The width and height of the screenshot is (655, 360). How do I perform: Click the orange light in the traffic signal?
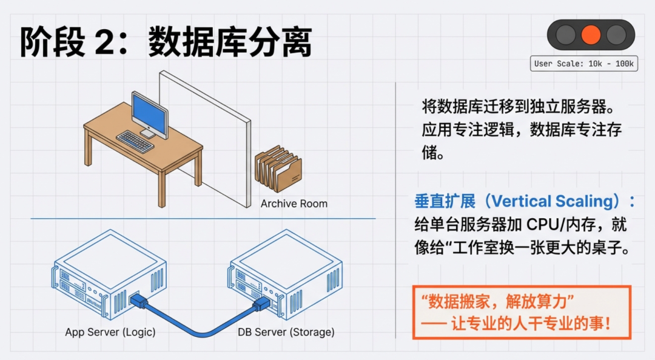coord(591,34)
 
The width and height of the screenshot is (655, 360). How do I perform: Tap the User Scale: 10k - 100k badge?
coord(584,64)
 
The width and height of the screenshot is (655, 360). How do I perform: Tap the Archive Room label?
coord(294,204)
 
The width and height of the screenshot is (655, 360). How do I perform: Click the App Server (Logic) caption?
coord(110,332)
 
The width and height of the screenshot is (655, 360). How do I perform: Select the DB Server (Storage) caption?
coord(286,332)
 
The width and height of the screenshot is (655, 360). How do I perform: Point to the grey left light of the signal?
coord(565,34)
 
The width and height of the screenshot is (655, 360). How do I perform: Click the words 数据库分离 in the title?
coord(230,42)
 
